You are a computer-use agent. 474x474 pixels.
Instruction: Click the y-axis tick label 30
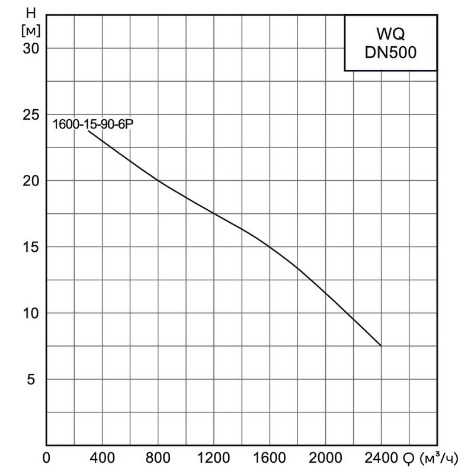click(31, 48)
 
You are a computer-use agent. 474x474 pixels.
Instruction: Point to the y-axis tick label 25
click(31, 114)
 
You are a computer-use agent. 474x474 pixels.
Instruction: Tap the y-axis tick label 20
click(31, 181)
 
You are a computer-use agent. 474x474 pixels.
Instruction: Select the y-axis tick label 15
click(31, 247)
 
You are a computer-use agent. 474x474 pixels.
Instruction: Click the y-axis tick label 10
click(31, 313)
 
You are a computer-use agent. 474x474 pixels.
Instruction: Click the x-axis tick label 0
click(47, 458)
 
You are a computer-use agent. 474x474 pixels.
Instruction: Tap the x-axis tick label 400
click(102, 458)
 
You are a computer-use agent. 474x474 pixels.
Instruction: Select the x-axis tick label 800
click(158, 458)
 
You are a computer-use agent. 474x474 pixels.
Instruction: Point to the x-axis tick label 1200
click(213, 458)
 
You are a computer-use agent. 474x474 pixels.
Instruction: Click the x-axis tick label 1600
click(269, 458)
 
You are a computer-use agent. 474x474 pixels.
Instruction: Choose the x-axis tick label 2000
click(325, 458)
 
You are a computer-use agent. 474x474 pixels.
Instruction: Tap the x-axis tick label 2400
click(380, 458)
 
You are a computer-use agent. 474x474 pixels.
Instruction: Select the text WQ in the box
click(390, 34)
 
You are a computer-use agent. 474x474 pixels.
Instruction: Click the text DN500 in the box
click(390, 52)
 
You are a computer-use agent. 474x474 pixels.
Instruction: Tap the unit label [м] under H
click(27, 30)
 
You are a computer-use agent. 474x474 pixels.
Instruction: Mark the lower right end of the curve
click(380, 345)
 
